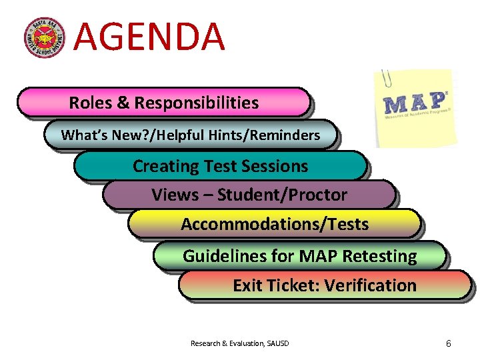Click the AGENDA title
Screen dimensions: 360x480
tap(149, 37)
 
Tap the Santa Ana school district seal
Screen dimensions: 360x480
tap(45, 37)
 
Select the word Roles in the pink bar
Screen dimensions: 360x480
tap(91, 103)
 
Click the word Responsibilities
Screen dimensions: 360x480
tap(197, 103)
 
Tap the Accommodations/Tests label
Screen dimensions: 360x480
tap(275, 225)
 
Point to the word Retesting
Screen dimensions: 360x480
tap(379, 256)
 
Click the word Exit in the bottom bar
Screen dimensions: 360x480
tap(247, 286)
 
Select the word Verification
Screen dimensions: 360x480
tap(379, 286)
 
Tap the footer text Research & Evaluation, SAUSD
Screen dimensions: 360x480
tap(240, 343)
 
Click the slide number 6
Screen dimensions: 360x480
tap(448, 343)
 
